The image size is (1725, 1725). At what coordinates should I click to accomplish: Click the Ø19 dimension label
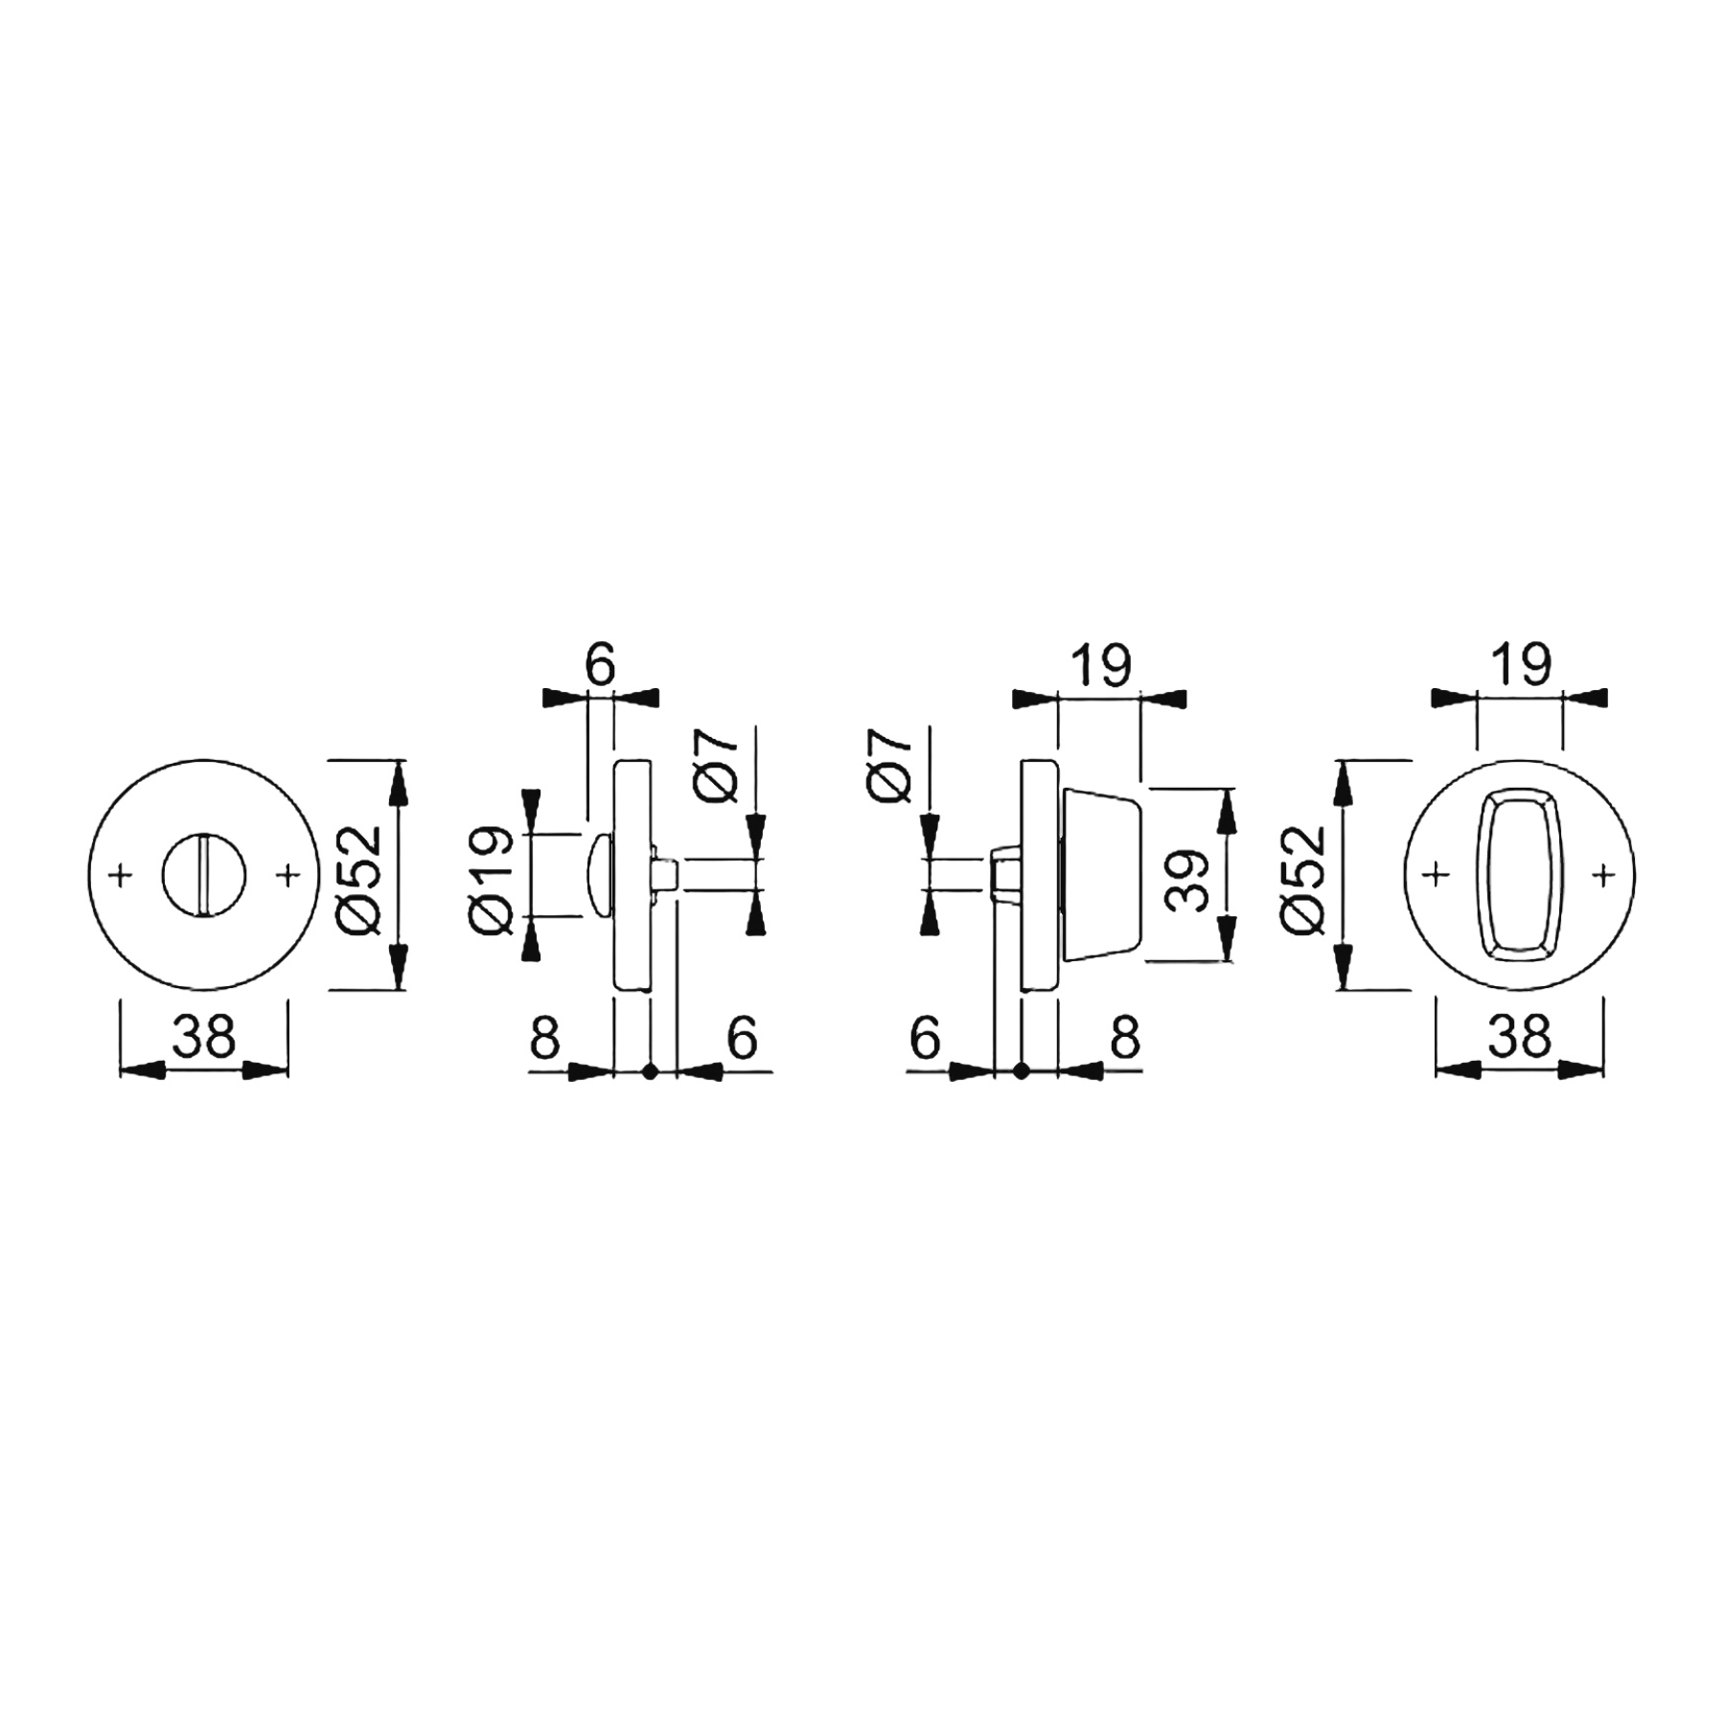(493, 877)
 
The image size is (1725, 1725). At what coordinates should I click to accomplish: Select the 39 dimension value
(1189, 881)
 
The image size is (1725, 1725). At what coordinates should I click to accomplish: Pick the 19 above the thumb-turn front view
(1521, 664)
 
